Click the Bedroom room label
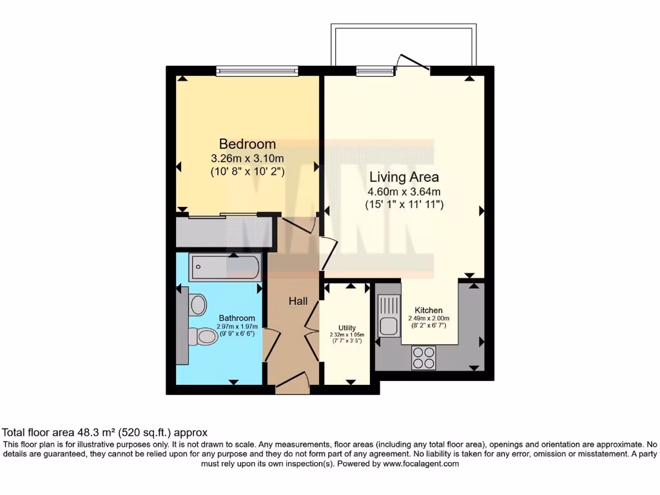(x=247, y=144)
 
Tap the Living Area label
(x=403, y=177)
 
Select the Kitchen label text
(x=429, y=310)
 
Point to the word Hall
(x=298, y=301)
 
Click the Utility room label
(x=347, y=327)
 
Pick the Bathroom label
(x=237, y=318)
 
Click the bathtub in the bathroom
(x=225, y=267)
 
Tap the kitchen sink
(x=389, y=315)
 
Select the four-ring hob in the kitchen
(x=423, y=358)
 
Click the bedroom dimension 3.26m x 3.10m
(x=247, y=158)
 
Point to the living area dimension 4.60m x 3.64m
(x=403, y=191)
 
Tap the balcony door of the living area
(x=412, y=63)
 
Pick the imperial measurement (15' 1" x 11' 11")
(x=403, y=204)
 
